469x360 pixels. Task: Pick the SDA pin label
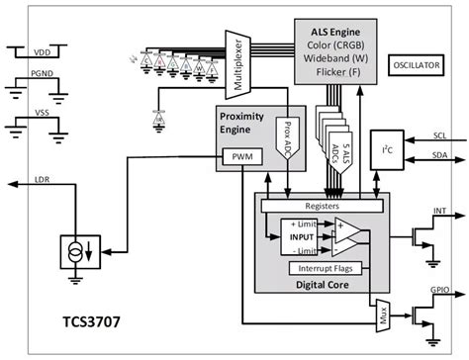pyautogui.click(x=441, y=154)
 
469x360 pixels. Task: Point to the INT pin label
pyautogui.click(x=441, y=211)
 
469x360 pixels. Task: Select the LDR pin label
pyautogui.click(x=44, y=179)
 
